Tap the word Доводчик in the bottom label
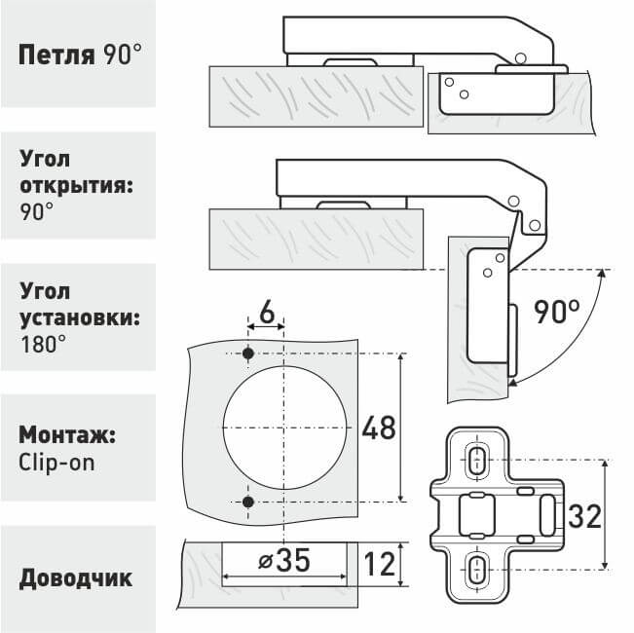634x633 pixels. click(76, 577)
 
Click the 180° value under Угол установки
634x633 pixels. click(42, 343)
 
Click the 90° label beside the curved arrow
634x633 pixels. click(556, 314)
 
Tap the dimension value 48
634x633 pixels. click(379, 428)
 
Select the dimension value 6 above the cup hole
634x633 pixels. click(265, 316)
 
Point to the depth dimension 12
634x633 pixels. click(380, 563)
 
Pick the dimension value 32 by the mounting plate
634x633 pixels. click(585, 515)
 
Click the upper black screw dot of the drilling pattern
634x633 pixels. click(248, 353)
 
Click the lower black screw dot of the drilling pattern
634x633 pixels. click(248, 502)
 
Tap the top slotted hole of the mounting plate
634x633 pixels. click(477, 459)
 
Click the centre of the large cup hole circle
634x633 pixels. click(283, 428)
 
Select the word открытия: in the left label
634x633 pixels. click(74, 184)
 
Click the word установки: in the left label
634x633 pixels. click(80, 316)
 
